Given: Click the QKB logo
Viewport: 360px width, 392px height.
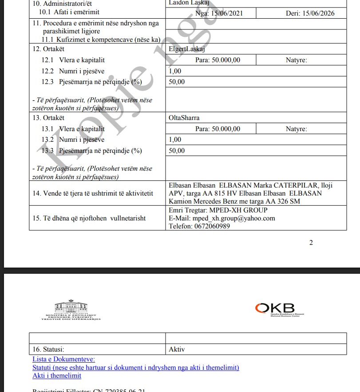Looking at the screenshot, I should pyautogui.click(x=275, y=308).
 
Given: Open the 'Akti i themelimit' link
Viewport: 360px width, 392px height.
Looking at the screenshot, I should pyautogui.click(x=57, y=376).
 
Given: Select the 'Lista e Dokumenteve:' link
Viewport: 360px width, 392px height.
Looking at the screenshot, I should pyautogui.click(x=63, y=359).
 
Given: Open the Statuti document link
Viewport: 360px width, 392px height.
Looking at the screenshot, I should pyautogui.click(x=135, y=368).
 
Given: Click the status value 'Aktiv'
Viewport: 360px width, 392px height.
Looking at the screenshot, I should pyautogui.click(x=177, y=349).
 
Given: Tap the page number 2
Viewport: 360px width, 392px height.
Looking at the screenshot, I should pyautogui.click(x=311, y=242).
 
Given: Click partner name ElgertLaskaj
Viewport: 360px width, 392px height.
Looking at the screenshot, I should pyautogui.click(x=186, y=49).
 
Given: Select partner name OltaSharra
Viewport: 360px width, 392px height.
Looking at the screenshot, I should pyautogui.click(x=184, y=118).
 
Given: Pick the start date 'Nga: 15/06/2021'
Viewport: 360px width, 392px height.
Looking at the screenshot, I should pyautogui.click(x=219, y=13).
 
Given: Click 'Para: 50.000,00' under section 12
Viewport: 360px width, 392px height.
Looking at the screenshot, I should pyautogui.click(x=218, y=60).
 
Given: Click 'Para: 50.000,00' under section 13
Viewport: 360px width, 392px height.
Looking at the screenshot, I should pyautogui.click(x=218, y=129).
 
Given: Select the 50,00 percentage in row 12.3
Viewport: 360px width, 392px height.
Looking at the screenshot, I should pyautogui.click(x=177, y=82).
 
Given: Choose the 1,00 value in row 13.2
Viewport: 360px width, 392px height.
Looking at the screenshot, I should pyautogui.click(x=175, y=140).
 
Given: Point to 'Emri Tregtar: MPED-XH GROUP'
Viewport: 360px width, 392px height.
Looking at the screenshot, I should pyautogui.click(x=218, y=210).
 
